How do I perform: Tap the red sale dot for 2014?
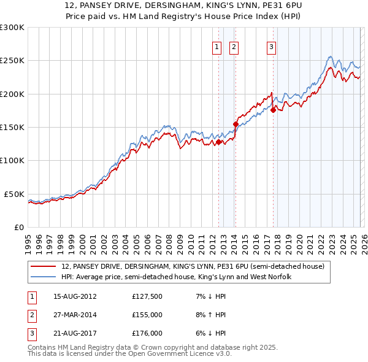pyautogui.click(x=236, y=124)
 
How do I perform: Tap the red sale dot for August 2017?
pyautogui.click(x=273, y=110)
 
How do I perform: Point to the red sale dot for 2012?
pyautogui.click(x=218, y=142)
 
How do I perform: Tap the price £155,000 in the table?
pyautogui.click(x=148, y=315)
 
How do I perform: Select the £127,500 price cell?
pyautogui.click(x=148, y=296)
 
